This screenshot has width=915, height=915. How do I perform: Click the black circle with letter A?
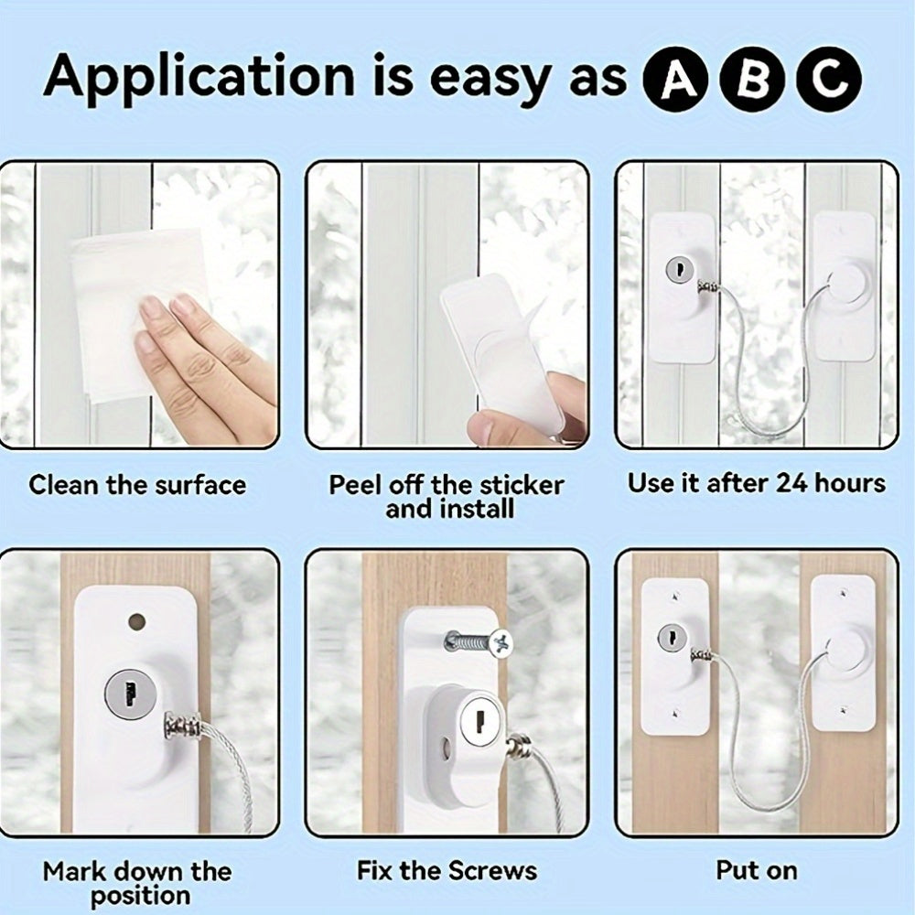coord(675,80)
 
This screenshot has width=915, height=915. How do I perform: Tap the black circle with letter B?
coord(752,80)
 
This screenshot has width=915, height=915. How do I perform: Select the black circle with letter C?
coord(829,80)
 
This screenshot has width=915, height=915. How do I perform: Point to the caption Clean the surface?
coord(138,485)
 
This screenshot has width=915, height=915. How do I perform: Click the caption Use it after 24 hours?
coord(757,484)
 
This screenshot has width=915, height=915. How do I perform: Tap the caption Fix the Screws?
coord(447,871)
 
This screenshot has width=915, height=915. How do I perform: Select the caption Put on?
coord(757,871)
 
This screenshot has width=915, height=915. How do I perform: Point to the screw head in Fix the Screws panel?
coord(501,643)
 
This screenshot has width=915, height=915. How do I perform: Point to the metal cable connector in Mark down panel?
coord(183,727)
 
